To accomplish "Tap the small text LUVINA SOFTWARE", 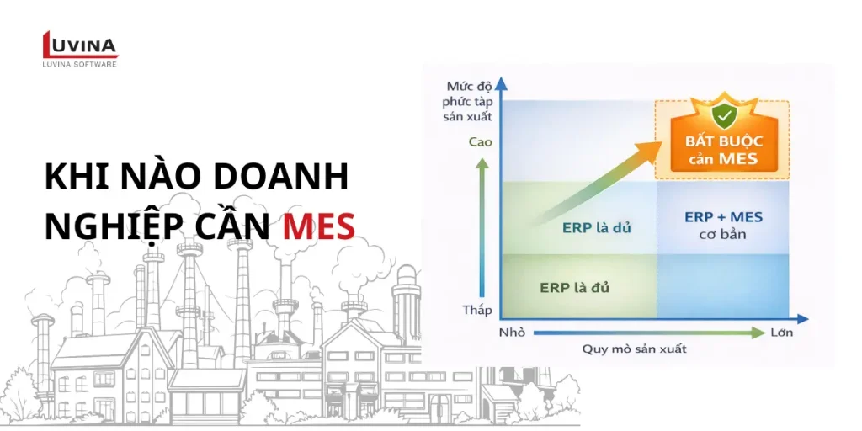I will (x=79, y=64).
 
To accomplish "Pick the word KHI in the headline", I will (x=74, y=178).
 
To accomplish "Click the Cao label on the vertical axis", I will (x=480, y=141).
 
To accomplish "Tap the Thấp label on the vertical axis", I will (x=477, y=310).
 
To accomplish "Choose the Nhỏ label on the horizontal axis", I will (x=511, y=332).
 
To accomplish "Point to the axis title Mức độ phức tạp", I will (x=468, y=100).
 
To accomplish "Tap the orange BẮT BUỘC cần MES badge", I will (x=721, y=148).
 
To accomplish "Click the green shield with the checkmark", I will (x=722, y=116).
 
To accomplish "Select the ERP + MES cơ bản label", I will (x=723, y=224).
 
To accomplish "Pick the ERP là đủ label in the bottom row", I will (x=574, y=288).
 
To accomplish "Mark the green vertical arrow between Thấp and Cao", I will (x=482, y=227).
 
